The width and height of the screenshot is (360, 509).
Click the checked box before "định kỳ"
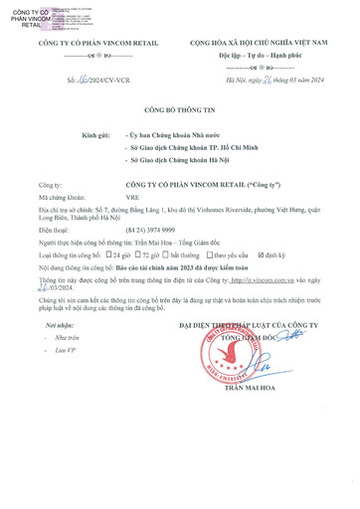click(x=261, y=254)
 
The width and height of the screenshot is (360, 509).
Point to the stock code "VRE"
click(x=135, y=199)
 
